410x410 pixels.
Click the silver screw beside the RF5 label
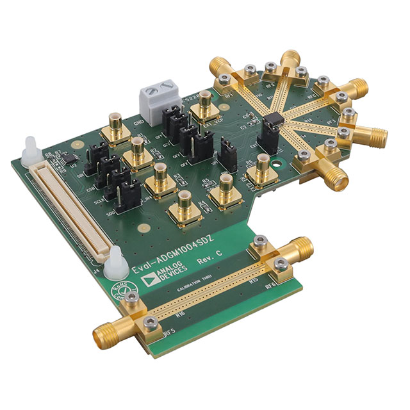(151, 322)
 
